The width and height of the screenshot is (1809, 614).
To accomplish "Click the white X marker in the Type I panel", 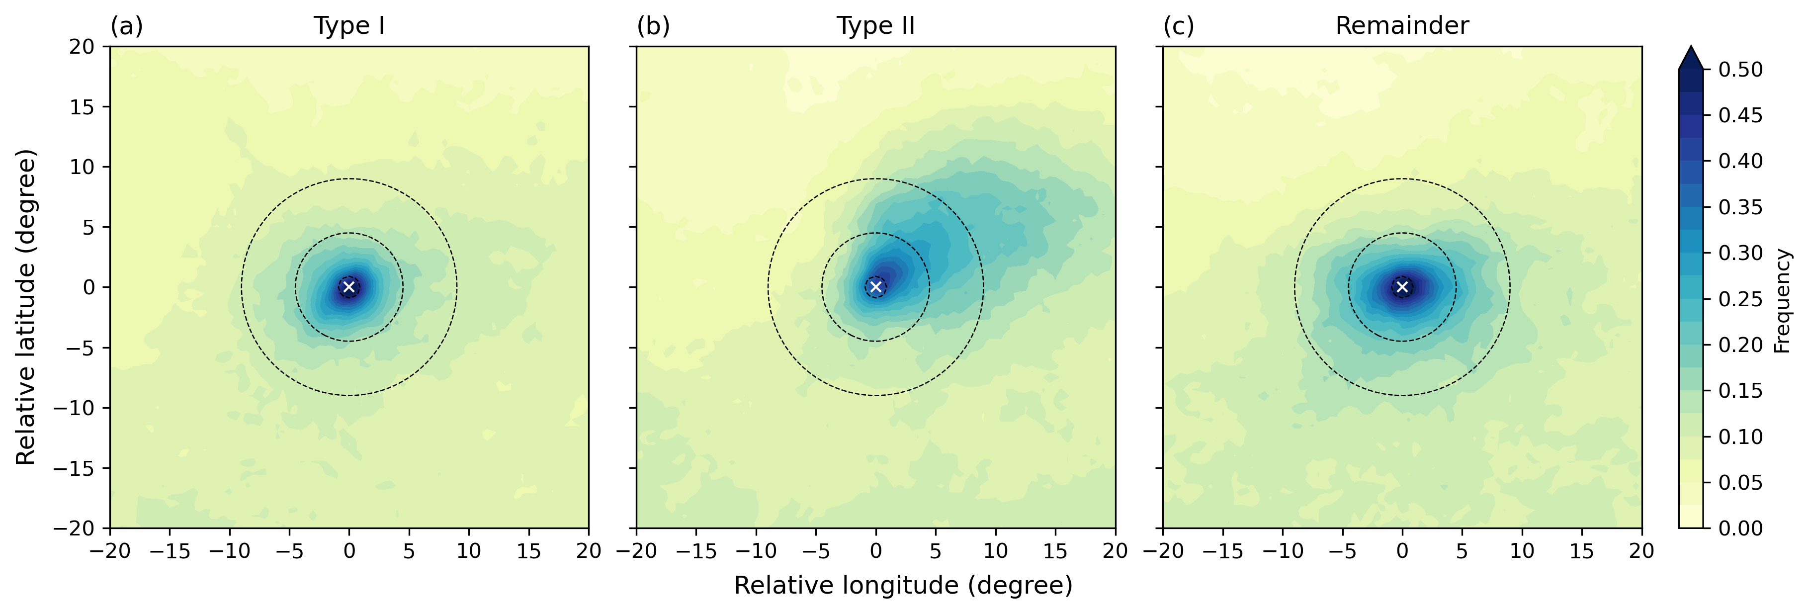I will pyautogui.click(x=349, y=287).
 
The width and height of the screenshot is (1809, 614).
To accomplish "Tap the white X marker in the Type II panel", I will pyautogui.click(x=876, y=287).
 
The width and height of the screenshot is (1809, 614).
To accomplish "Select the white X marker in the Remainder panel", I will pyautogui.click(x=1402, y=287).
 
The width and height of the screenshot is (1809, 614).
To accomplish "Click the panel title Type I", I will pyautogui.click(x=349, y=26).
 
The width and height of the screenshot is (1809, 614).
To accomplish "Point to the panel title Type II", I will pyautogui.click(x=876, y=26).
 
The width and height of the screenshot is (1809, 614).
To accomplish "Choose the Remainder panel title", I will pyautogui.click(x=1402, y=26).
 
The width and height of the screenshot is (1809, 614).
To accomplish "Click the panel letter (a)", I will pyautogui.click(x=126, y=26).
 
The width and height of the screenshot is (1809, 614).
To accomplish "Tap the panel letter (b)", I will pyautogui.click(x=653, y=26).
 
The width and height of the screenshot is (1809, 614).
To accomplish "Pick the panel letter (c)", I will pyautogui.click(x=1179, y=26).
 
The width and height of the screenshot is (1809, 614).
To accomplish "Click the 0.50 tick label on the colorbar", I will pyautogui.click(x=1740, y=70).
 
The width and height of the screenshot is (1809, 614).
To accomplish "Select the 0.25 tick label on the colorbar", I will pyautogui.click(x=1740, y=299).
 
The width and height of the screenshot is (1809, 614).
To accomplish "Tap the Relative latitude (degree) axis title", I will pyautogui.click(x=26, y=307).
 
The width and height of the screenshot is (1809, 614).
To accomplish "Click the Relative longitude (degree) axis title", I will pyautogui.click(x=903, y=585).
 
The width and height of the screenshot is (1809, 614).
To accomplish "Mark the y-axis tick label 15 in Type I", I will pyautogui.click(x=82, y=107).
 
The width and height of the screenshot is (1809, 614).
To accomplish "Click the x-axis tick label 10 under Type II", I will pyautogui.click(x=995, y=551).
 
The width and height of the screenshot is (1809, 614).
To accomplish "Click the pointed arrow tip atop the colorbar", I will pyautogui.click(x=1691, y=49).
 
